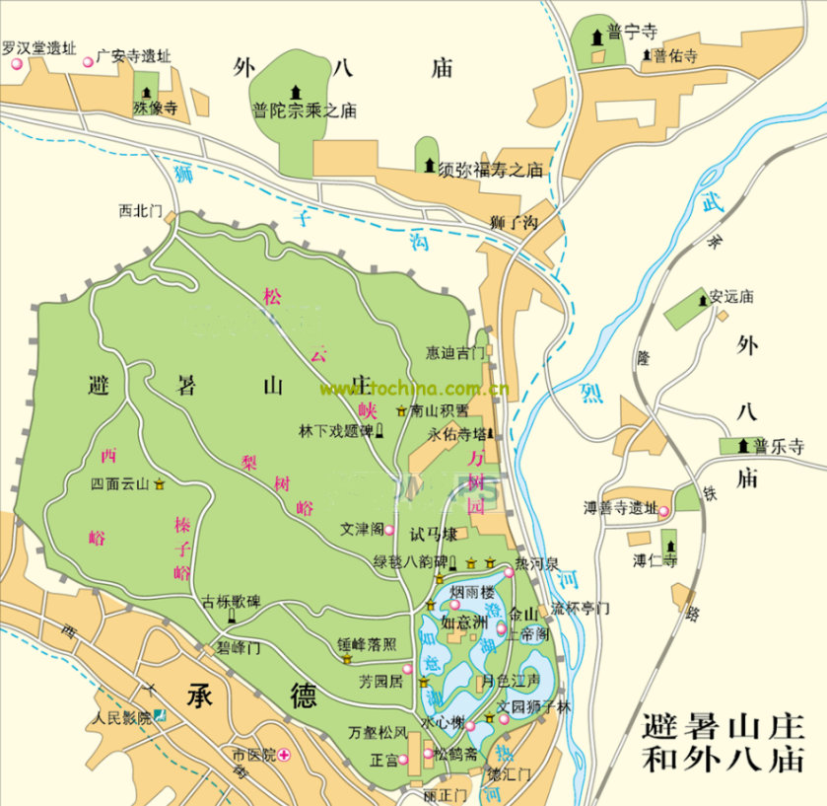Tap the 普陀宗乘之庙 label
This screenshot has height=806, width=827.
304,111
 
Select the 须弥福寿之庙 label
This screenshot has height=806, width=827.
490,170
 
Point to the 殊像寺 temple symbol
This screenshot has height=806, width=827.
151,91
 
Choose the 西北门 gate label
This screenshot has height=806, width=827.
139,210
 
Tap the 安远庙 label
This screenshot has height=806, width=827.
730,295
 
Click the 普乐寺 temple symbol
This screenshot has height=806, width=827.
743,445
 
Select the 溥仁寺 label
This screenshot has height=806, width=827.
655,561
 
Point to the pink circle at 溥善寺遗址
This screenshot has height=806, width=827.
664,510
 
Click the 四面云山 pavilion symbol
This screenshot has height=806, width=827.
160,483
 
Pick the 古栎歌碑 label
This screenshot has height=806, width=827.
231,601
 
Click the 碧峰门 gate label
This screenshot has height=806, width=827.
239,648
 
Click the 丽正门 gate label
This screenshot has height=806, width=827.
441,794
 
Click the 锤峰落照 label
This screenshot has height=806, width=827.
367,644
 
